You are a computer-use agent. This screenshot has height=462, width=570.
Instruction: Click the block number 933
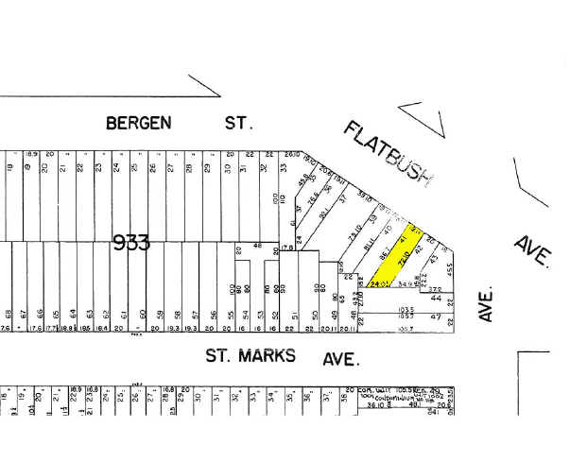(131, 242)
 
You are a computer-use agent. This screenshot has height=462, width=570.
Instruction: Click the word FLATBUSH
(388, 152)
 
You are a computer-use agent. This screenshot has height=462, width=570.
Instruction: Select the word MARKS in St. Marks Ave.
(268, 356)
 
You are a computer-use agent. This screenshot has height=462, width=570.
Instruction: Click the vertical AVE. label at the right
(486, 302)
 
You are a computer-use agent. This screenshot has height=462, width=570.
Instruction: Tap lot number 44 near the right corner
(436, 297)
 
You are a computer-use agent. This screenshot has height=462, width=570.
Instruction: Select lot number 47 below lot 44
(436, 317)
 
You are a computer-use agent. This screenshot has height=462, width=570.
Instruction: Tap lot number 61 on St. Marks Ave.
(124, 315)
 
